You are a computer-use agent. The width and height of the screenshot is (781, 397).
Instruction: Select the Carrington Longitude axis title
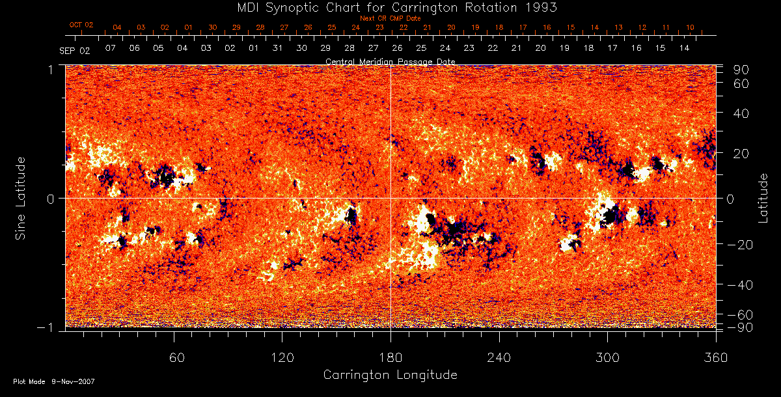390,375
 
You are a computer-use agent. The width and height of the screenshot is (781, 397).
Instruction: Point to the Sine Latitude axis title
21,198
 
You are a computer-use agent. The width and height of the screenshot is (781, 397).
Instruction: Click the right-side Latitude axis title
763,198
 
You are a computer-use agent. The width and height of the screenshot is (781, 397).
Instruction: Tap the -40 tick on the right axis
740,285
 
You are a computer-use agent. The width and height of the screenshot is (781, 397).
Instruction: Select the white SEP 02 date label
74,50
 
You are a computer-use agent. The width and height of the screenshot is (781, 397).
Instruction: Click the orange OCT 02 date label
81,25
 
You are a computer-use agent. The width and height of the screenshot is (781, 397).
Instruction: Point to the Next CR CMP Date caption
390,18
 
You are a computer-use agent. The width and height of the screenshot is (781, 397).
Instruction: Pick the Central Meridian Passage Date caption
390,61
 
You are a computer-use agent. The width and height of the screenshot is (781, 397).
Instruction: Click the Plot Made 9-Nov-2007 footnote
54,381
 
